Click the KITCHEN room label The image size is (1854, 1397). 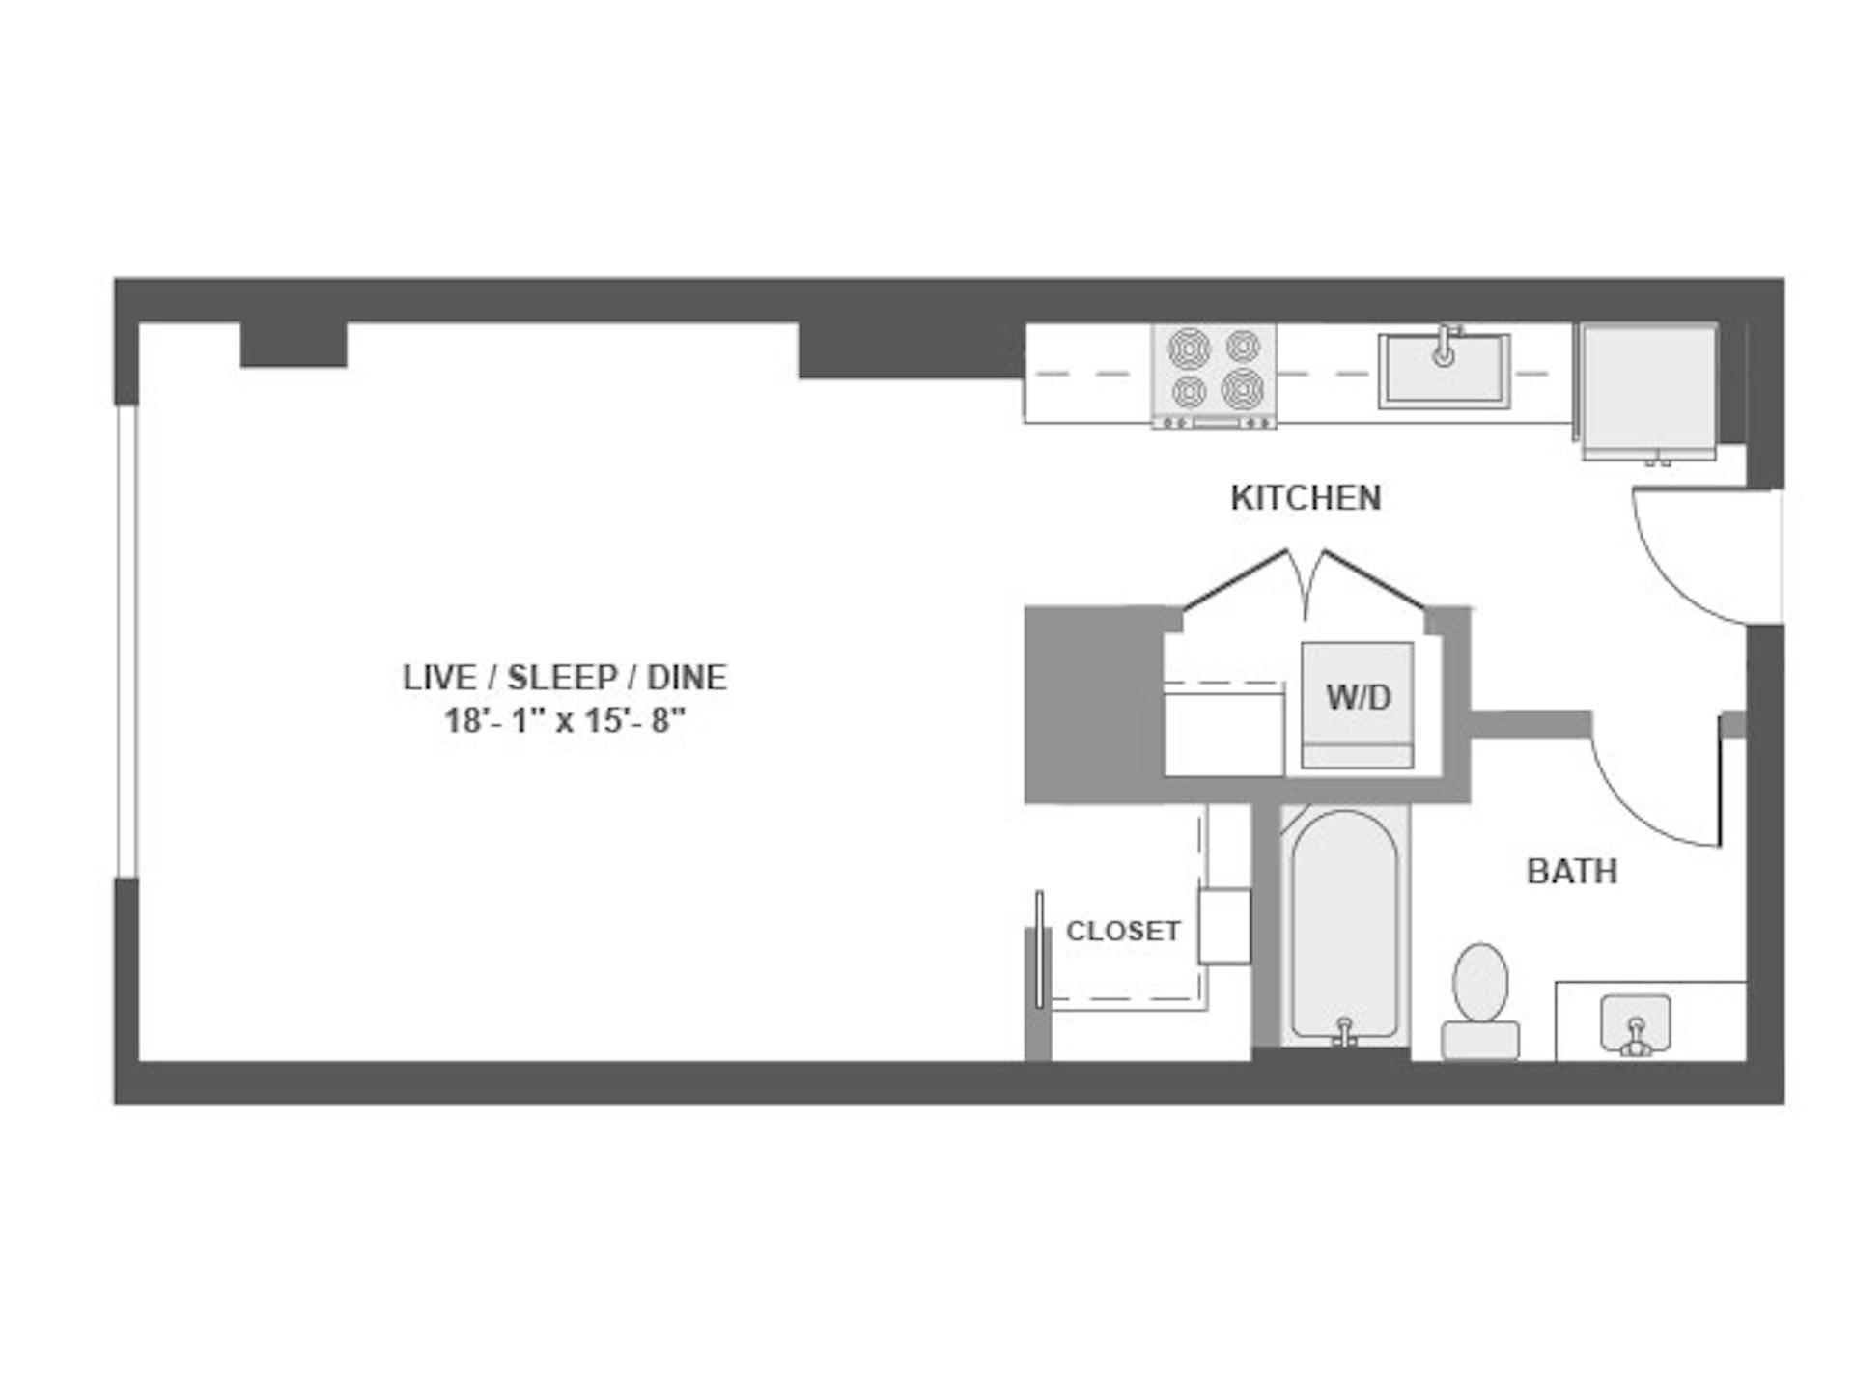tap(1306, 498)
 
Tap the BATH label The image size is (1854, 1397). tap(1571, 872)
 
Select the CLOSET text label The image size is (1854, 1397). tap(1123, 931)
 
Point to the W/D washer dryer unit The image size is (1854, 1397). tap(1357, 705)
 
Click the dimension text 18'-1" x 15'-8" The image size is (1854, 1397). tap(564, 721)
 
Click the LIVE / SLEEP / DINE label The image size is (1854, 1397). tap(564, 678)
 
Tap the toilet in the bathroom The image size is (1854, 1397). tap(1480, 1001)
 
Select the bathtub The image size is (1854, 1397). tap(1344, 927)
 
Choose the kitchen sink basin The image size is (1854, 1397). tap(1444, 372)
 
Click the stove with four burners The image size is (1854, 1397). tap(1214, 376)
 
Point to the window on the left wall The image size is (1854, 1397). tap(126, 642)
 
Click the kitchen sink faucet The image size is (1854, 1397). tap(1444, 346)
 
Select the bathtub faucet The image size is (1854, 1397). tap(1344, 1033)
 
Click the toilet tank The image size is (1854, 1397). tap(1480, 1041)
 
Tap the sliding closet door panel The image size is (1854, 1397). tap(1039, 949)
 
